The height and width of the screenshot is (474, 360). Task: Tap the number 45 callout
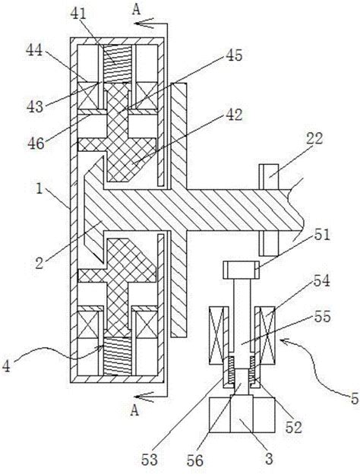tap(233, 55)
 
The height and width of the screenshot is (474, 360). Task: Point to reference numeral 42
tap(233, 115)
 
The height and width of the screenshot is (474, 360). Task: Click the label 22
tap(314, 139)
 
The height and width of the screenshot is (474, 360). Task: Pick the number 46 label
tap(36, 144)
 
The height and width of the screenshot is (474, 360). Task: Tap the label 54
tap(321, 281)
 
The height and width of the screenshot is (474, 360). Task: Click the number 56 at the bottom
tap(195, 460)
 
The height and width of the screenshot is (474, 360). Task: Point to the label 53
tap(150, 460)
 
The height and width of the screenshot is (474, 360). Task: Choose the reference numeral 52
tap(293, 427)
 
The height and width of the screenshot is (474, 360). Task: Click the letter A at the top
tap(136, 10)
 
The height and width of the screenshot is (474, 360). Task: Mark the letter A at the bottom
tap(135, 411)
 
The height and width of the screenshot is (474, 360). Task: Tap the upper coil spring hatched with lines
tap(118, 63)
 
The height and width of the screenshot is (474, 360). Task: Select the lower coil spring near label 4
tap(118, 356)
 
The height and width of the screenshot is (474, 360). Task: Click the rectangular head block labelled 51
tap(242, 270)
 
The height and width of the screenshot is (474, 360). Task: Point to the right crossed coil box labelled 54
tap(265, 335)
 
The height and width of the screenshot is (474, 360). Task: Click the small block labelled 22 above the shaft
tap(268, 177)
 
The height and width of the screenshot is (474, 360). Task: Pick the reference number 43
tap(35, 106)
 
